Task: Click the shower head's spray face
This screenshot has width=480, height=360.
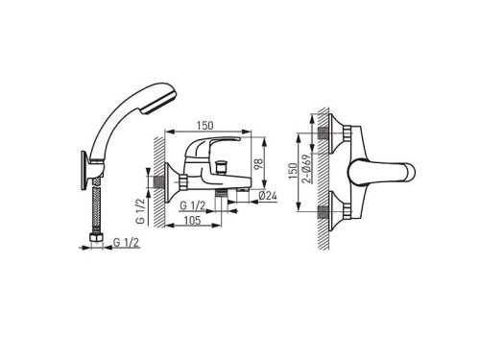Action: tap(160, 102)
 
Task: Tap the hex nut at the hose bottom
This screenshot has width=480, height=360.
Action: tap(96, 238)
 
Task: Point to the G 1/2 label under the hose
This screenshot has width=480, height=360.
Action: tap(126, 243)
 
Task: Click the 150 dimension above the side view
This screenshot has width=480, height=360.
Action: tap(204, 126)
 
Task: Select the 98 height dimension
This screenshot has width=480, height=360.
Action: tap(258, 164)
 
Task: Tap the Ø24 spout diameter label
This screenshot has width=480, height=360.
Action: tap(267, 196)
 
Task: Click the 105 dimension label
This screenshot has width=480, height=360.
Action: tap(193, 220)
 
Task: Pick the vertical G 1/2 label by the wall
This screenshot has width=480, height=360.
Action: tap(141, 211)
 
